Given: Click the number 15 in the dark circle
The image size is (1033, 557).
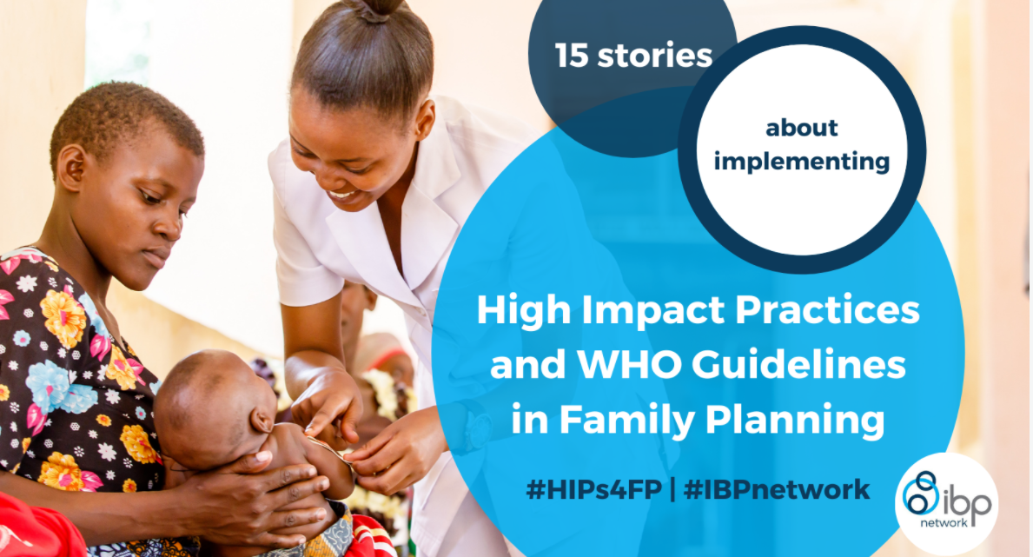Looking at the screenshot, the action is [x=571, y=56].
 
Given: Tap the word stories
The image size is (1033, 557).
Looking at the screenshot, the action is [x=655, y=56].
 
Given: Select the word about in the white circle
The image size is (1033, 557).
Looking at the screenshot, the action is [x=802, y=127].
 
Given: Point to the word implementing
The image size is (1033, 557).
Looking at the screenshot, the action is [x=802, y=162].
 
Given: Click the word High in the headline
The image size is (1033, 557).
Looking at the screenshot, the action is [x=524, y=310].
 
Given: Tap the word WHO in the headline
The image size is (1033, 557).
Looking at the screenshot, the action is [x=632, y=364].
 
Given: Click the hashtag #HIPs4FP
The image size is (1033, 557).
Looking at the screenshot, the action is [x=593, y=490].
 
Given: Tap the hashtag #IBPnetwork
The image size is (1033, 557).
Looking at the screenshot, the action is [x=777, y=490].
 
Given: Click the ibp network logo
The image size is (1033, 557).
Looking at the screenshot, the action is [x=947, y=503].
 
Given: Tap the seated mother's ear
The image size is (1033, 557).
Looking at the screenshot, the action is [x=72, y=168].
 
